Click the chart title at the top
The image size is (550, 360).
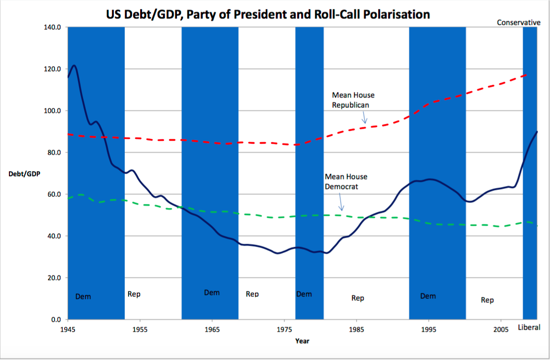[268, 14]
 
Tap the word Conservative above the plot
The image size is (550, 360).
[518, 22]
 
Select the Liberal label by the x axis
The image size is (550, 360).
[529, 327]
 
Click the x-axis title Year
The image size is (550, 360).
[302, 341]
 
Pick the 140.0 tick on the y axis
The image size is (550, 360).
[52, 27]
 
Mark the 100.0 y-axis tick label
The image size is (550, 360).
[52, 111]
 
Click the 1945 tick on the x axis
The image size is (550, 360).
[68, 329]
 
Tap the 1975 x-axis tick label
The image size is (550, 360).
[284, 329]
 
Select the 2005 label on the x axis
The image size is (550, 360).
[500, 329]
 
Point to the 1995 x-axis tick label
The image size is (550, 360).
[428, 329]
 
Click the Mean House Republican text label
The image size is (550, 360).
[353, 100]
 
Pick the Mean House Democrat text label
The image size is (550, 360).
[346, 181]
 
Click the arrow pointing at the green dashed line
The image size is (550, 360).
[341, 204]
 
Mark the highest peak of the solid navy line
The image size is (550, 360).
[74, 65]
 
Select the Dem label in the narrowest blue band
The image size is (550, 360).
[304, 294]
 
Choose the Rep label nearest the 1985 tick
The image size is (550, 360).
[358, 298]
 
